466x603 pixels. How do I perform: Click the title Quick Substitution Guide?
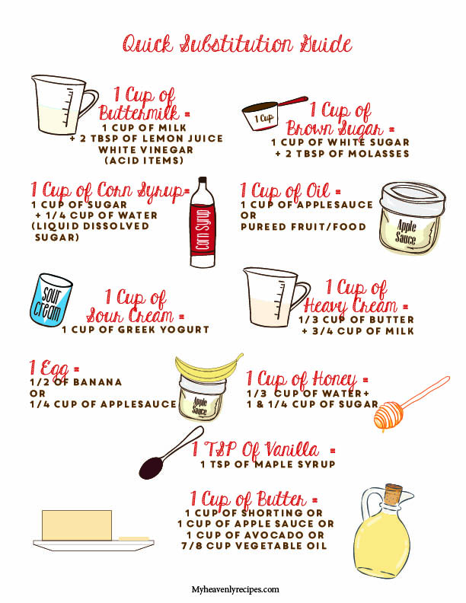click(x=238, y=43)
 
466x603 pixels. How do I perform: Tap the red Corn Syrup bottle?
click(x=203, y=222)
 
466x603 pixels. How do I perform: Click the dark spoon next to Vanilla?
click(x=170, y=454)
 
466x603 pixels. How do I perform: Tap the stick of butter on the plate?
click(x=77, y=525)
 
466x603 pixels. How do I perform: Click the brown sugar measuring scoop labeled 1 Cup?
click(x=274, y=113)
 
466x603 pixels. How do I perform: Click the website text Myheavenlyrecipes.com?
click(x=235, y=589)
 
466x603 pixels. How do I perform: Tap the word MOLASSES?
click(x=378, y=154)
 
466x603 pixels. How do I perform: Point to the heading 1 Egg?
click(x=54, y=368)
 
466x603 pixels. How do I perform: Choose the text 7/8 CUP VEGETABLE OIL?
click(x=254, y=545)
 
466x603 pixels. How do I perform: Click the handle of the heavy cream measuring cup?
click(x=302, y=295)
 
